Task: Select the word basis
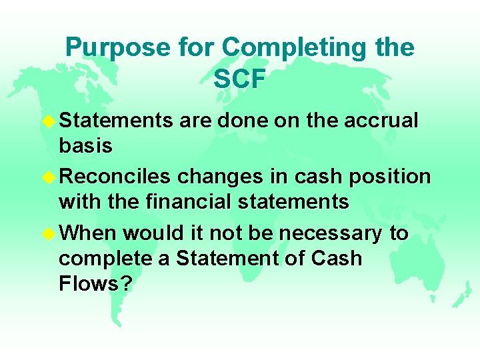[x=85, y=146]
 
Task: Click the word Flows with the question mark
[x=95, y=285]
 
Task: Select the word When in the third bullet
[x=87, y=233]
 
